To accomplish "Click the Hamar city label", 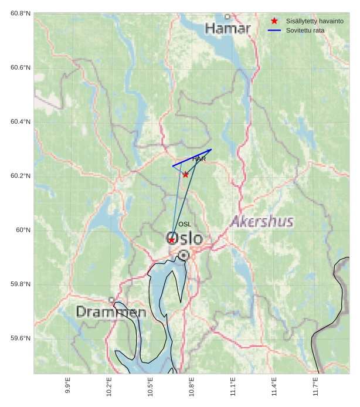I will coord(227,28).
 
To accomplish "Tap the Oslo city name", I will coord(185,239).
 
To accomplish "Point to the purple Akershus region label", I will coord(261,222).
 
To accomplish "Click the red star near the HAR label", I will coord(185,174).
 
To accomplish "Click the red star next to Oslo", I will coord(171,240).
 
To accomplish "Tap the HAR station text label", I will coord(199,159).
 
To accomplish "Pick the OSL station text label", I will coord(185,224).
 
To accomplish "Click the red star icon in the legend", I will coord(274,21).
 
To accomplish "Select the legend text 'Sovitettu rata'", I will coord(305,30).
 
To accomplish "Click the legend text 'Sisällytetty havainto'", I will coord(314,21).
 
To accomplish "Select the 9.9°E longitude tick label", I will coord(68,388).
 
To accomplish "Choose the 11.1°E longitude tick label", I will coord(233,388).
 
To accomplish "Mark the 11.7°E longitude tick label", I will coord(315,388).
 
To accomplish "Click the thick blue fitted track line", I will coord(192,158).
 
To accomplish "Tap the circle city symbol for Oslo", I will coord(184,255).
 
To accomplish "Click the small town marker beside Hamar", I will coord(227,16).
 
